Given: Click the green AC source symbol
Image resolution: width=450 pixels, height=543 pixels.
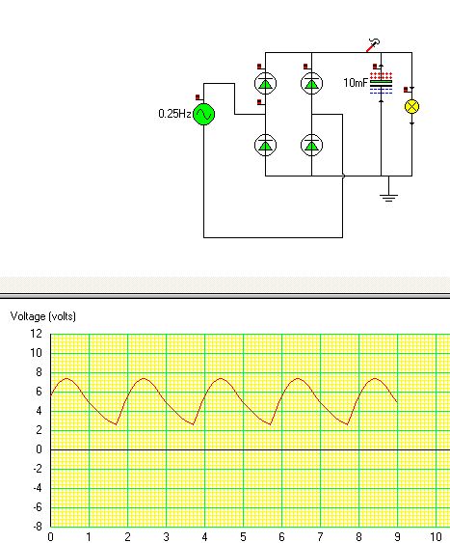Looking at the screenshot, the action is click(x=203, y=114).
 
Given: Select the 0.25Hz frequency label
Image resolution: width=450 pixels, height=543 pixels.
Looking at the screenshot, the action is click(x=174, y=114).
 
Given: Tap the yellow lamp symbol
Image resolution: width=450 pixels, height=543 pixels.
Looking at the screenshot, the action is click(x=411, y=107).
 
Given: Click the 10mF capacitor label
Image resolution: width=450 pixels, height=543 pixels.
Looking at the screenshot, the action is click(x=356, y=83).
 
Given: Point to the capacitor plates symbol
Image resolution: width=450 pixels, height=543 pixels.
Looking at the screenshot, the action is click(x=382, y=84).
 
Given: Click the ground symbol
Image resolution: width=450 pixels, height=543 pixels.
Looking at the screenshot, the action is click(x=388, y=198).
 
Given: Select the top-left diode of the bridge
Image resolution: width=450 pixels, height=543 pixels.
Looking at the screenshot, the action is click(x=265, y=84).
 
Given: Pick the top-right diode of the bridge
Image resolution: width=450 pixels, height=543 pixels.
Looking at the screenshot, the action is click(x=311, y=84).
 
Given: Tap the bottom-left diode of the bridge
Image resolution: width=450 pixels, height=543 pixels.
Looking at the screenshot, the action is click(x=265, y=145).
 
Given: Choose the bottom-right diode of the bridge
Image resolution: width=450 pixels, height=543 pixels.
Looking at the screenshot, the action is click(x=311, y=145).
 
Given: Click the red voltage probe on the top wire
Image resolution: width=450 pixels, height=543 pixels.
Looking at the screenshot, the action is click(x=373, y=45).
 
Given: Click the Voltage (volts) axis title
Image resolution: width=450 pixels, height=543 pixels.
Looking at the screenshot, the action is click(x=43, y=316).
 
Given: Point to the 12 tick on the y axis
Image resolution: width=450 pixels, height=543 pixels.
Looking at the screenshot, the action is click(x=37, y=334).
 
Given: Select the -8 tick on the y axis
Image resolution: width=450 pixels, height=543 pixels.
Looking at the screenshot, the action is click(x=38, y=527).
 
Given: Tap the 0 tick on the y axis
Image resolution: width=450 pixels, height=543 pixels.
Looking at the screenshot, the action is click(x=40, y=449).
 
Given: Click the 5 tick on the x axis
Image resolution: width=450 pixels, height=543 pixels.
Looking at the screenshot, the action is click(x=243, y=537).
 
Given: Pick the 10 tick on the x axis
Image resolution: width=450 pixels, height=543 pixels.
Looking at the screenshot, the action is click(x=436, y=537).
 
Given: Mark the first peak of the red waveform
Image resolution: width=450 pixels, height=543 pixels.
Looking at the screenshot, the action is click(x=66, y=378).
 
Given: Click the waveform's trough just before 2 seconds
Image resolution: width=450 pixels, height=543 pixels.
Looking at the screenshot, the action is click(x=117, y=424).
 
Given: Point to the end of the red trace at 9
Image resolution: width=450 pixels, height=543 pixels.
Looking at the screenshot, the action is click(x=397, y=402).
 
